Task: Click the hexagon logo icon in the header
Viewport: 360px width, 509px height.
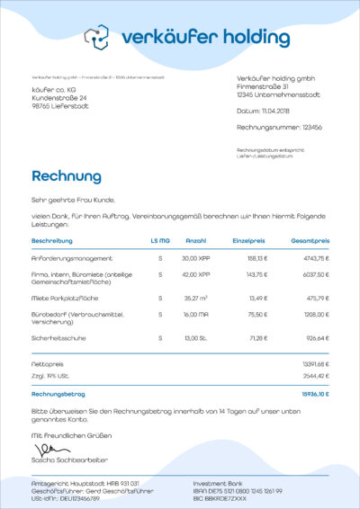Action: [x=96, y=37]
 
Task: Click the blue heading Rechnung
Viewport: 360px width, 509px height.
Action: [x=67, y=176]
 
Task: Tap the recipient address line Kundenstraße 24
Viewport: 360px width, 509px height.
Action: [x=59, y=98]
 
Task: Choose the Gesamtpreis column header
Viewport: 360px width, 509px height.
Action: [x=310, y=241]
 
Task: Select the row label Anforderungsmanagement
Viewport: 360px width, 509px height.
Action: [x=72, y=258]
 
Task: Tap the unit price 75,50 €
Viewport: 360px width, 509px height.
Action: [x=257, y=315]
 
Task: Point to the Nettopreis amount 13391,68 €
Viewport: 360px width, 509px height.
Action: [x=315, y=363]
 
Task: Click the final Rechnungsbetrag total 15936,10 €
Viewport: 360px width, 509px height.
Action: [x=315, y=394]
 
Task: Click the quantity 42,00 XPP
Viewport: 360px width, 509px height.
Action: [x=195, y=274]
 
